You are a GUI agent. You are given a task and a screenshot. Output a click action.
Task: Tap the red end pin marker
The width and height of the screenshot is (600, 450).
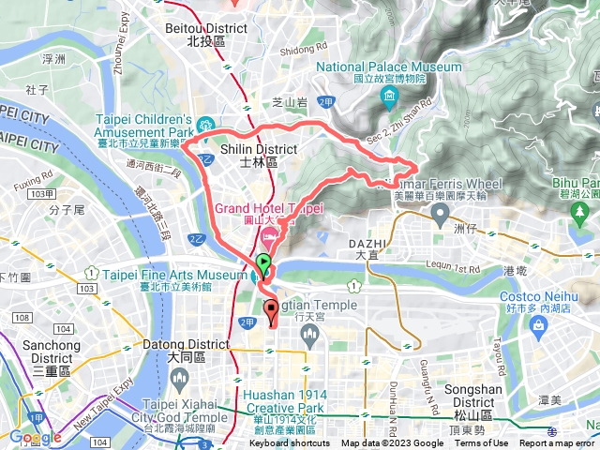(x=272, y=310)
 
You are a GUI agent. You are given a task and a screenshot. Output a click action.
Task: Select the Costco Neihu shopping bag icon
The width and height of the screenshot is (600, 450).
(x=538, y=323)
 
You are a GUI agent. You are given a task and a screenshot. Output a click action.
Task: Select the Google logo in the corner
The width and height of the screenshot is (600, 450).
(x=35, y=437)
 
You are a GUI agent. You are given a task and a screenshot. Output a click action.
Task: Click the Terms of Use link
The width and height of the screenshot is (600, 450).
(x=482, y=443)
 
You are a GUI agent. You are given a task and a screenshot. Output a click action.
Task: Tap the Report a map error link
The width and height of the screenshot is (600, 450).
(x=557, y=443)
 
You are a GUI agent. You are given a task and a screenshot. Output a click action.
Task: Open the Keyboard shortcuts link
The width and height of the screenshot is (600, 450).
(x=290, y=443)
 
